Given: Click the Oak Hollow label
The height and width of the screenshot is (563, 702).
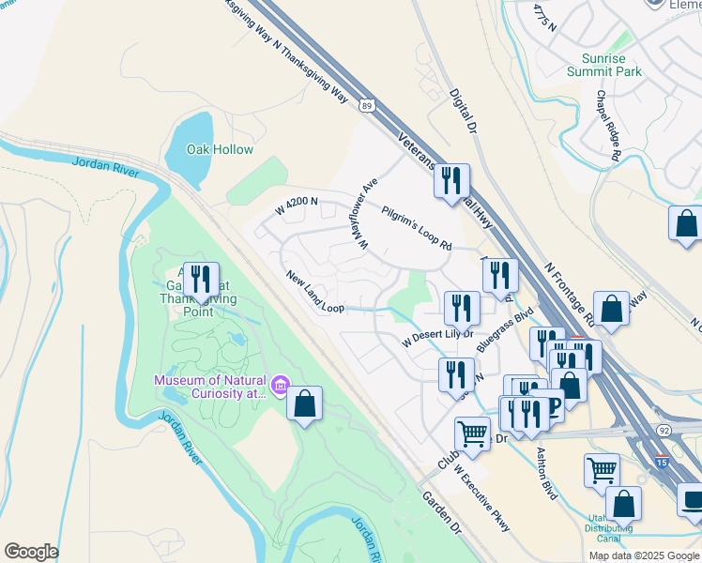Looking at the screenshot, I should (220, 150).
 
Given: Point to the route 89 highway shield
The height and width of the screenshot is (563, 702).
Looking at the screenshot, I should (368, 106).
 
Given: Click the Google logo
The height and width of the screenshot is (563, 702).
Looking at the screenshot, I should (31, 552).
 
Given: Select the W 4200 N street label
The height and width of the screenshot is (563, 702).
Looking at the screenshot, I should (297, 206).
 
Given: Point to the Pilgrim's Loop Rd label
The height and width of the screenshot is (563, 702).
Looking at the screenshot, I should (417, 228).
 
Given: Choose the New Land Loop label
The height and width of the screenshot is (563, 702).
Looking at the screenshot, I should (315, 293).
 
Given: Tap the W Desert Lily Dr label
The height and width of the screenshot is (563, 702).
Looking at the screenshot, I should (437, 336).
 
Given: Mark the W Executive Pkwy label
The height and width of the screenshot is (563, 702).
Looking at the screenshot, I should (481, 499).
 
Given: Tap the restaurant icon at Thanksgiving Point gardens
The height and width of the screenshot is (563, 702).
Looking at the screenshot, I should (201, 279).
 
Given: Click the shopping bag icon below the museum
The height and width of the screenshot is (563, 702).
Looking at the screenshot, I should (304, 403).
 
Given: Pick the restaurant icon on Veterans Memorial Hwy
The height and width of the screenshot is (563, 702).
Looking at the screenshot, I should (451, 180).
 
